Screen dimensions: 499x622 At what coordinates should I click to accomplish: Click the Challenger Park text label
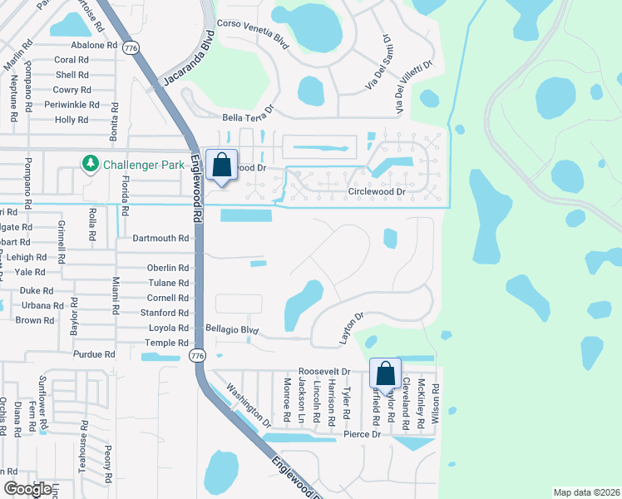tap(143, 165)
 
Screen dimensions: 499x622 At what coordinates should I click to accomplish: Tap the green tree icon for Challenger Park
tap(90, 164)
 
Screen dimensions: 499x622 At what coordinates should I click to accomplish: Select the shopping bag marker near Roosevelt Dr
tap(386, 374)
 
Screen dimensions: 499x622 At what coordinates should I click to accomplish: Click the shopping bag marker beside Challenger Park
tap(222, 166)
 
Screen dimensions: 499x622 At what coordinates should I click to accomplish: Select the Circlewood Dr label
tap(377, 192)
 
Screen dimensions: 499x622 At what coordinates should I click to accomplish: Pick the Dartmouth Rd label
tap(161, 238)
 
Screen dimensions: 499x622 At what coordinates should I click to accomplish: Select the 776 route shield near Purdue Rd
tap(196, 356)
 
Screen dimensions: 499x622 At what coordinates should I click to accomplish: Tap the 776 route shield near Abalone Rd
tap(130, 49)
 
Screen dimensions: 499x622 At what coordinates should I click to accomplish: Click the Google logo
tap(27, 489)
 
